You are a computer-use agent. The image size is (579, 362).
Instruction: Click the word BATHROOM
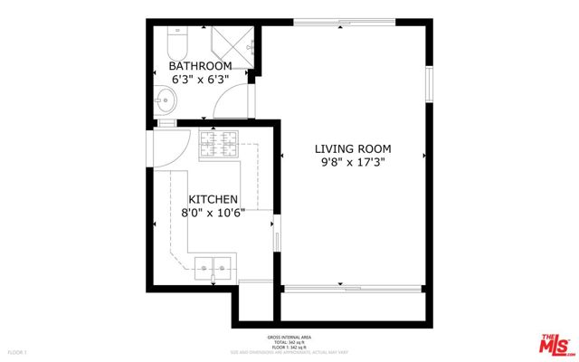coord(201,66)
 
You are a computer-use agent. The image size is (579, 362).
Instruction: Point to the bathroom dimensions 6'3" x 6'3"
coord(201,80)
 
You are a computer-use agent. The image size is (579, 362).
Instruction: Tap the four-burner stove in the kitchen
coord(218,144)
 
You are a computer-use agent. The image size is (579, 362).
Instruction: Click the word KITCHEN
coord(213,199)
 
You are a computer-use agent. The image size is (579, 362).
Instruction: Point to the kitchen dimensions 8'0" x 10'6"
coord(213,214)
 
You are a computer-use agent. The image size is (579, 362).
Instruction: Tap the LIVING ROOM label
coord(354,148)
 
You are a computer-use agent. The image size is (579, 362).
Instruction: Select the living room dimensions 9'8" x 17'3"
coord(354,164)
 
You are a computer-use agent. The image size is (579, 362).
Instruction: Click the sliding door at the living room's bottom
coord(353,289)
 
